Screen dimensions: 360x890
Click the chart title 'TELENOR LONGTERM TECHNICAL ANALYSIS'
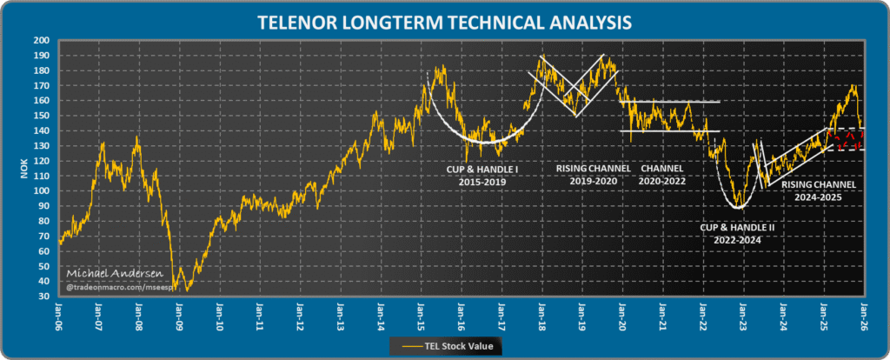tap(444, 19)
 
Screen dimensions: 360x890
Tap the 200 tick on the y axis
tap(41, 41)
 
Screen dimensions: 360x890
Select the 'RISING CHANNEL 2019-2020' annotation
tap(593, 173)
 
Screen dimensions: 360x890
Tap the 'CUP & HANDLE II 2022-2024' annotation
tap(737, 233)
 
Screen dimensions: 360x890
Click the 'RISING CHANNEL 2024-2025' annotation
tap(819, 190)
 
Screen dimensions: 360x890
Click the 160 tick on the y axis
tap(41, 100)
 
